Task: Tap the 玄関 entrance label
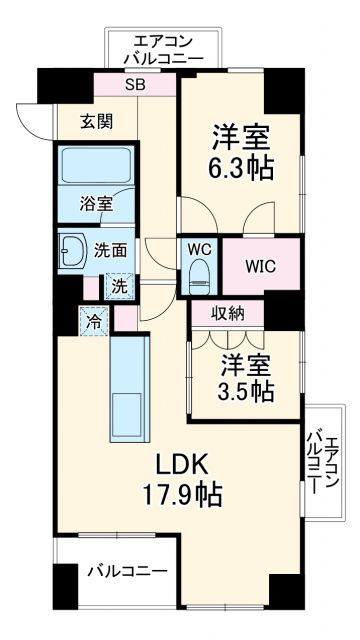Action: (x=97, y=122)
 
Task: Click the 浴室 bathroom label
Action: (x=97, y=203)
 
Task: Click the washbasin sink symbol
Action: (x=75, y=250)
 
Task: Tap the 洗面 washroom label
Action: (x=110, y=251)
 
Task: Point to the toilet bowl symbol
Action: (x=197, y=271)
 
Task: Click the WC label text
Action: (x=197, y=246)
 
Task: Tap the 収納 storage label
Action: (x=227, y=313)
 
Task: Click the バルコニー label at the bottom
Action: (x=126, y=571)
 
